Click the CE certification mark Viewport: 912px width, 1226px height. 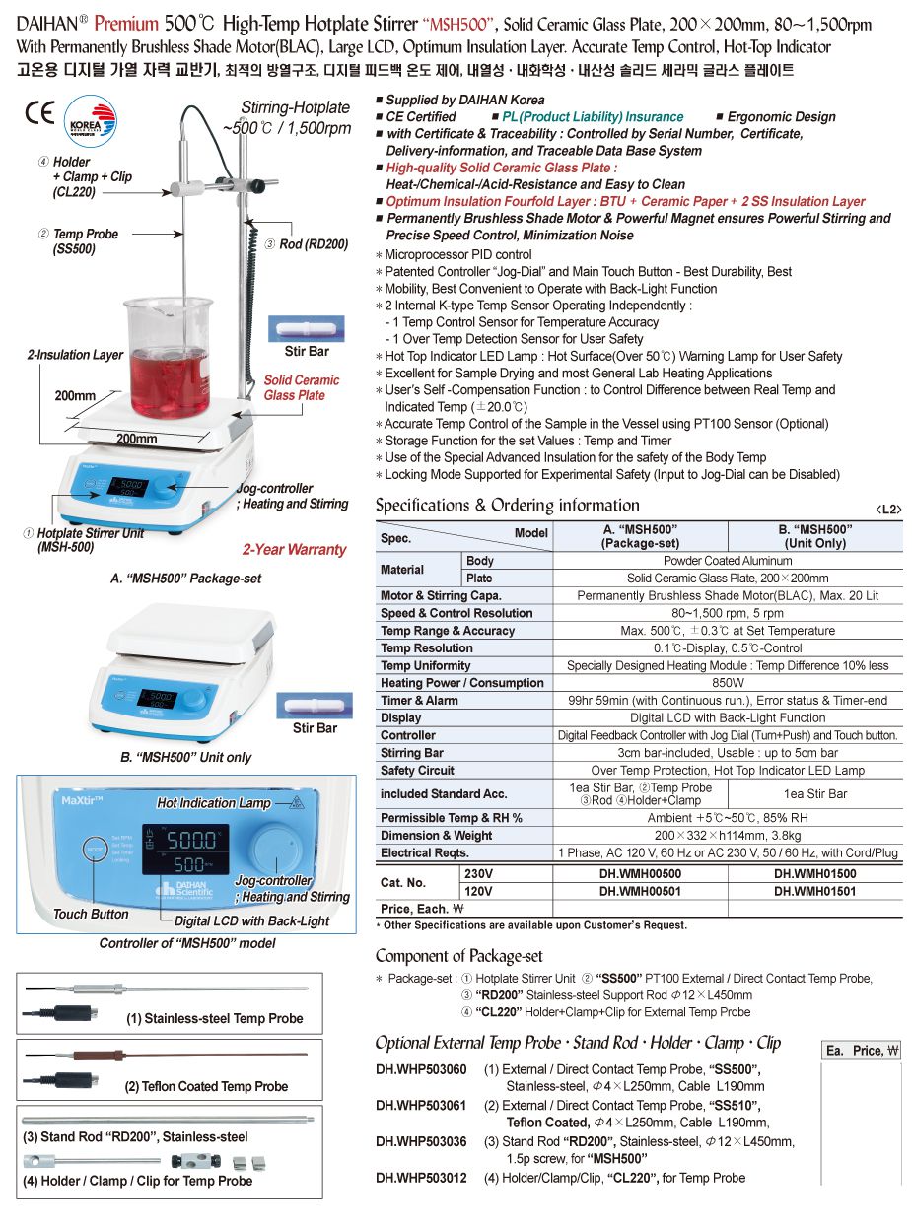point(39,112)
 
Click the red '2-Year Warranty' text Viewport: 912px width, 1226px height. point(294,550)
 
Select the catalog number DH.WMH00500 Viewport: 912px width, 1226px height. point(640,873)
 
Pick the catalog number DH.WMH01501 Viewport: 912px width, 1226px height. point(814,891)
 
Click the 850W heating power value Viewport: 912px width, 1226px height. point(728,683)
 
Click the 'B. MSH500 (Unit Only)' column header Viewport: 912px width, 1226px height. point(814,536)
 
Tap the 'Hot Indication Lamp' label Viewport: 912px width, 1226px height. point(213,803)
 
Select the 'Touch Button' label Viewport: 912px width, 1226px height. point(91,914)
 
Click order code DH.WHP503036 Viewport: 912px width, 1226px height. point(421,1141)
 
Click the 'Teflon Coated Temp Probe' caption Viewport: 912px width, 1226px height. point(206,1086)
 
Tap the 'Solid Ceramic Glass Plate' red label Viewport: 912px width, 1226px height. point(301,387)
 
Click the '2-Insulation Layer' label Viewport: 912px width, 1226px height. point(75,355)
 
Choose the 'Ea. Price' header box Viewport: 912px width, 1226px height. point(861,1051)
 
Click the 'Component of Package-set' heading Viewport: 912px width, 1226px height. point(458,955)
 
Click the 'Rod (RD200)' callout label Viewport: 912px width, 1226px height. point(312,243)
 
